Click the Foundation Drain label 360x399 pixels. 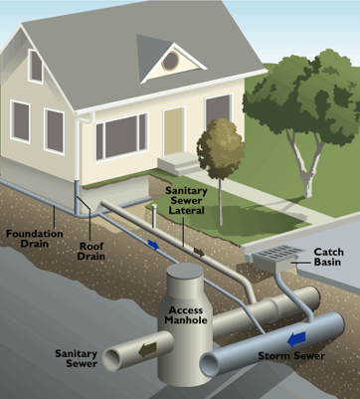(35, 239)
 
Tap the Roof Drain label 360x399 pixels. (91, 251)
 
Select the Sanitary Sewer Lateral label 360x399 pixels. (186, 201)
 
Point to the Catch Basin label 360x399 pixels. (327, 257)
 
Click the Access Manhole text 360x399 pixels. (186, 315)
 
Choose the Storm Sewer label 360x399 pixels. (291, 356)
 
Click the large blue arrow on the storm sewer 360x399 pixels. (296, 339)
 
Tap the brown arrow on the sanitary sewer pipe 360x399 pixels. (147, 350)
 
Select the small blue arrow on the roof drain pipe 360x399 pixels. (153, 245)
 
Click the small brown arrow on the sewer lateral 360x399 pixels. (199, 253)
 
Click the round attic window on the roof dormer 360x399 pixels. (171, 61)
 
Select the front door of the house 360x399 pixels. (174, 132)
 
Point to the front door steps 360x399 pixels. (179, 163)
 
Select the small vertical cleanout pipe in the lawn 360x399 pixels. (153, 216)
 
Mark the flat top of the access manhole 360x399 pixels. (185, 272)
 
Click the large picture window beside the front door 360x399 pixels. (121, 137)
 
